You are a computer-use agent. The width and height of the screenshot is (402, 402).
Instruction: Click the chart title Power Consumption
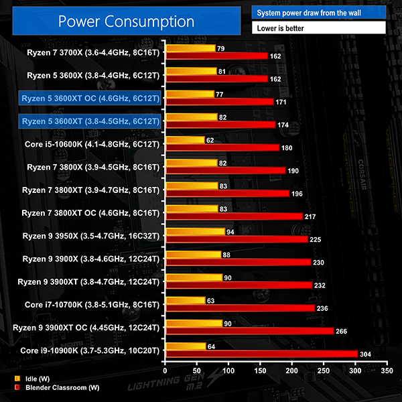126,21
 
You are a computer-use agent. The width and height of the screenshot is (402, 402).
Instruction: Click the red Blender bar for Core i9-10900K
261,354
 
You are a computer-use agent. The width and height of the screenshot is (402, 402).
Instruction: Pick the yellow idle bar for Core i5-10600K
184,140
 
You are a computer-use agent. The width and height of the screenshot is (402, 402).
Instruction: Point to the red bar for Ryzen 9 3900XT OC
249,331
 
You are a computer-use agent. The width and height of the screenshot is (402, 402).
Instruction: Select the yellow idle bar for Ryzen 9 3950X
194,231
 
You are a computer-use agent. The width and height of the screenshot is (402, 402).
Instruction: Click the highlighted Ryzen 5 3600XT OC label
90,98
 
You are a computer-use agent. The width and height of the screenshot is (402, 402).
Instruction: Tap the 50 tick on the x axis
196,370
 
